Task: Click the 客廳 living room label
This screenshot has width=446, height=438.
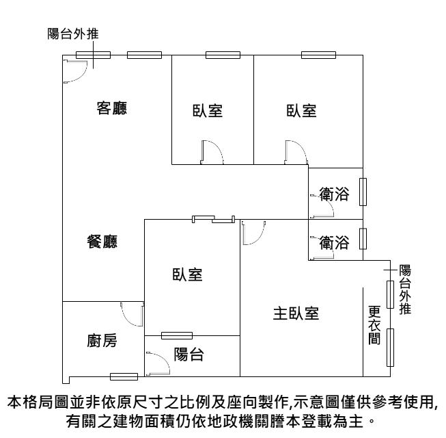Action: (x=113, y=108)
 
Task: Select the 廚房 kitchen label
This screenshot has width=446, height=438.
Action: (x=102, y=342)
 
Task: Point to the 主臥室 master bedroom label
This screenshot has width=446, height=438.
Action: (x=296, y=313)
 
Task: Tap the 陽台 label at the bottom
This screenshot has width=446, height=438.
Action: (x=189, y=355)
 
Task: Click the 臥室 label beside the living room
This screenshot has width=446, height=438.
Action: (x=207, y=110)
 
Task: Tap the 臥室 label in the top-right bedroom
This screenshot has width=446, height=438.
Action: (x=301, y=110)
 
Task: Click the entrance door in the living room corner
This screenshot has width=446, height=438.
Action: (x=74, y=70)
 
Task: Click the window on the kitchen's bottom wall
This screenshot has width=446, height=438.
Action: (x=124, y=376)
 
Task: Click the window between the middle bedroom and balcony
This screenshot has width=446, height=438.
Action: (x=176, y=335)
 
